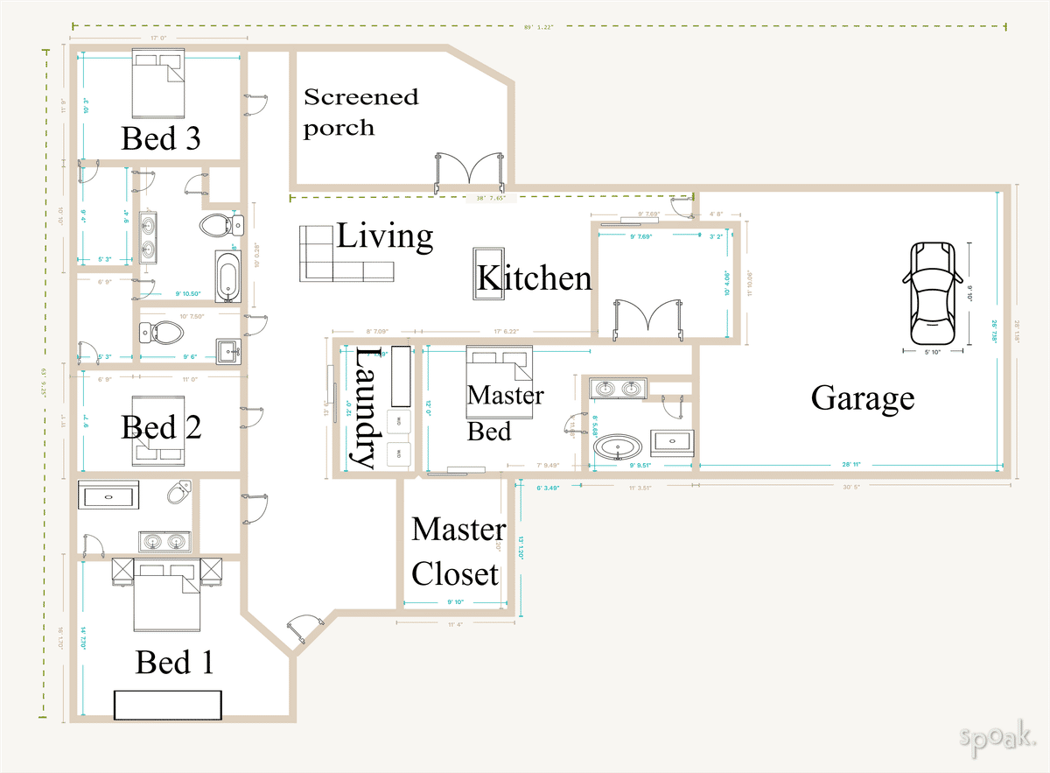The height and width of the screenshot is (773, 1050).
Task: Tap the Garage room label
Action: pyautogui.click(x=862, y=398)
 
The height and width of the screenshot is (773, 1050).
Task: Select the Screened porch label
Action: pyautogui.click(x=360, y=112)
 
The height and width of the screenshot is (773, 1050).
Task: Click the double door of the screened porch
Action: pyautogui.click(x=470, y=172)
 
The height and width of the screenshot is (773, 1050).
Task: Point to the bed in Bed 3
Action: pyautogui.click(x=159, y=85)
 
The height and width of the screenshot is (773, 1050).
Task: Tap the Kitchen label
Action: pyautogui.click(x=534, y=278)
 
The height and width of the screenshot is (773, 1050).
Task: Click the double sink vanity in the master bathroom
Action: pyautogui.click(x=619, y=388)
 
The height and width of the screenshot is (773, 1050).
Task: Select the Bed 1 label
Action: pyautogui.click(x=174, y=663)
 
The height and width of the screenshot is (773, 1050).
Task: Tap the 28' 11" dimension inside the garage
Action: pyautogui.click(x=850, y=466)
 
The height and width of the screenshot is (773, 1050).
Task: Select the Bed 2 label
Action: pyautogui.click(x=161, y=427)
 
